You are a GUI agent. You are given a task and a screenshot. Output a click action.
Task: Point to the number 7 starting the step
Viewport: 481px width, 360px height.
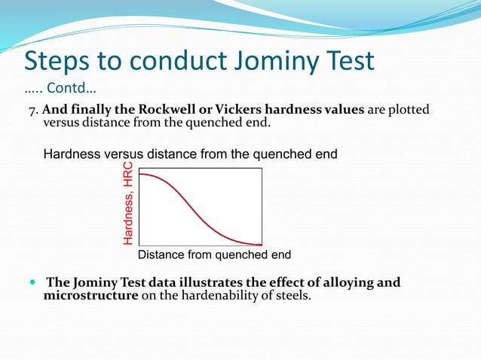pyautogui.click(x=32, y=111)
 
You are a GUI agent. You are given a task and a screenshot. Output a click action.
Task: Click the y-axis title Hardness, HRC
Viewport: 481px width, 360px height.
pyautogui.click(x=128, y=203)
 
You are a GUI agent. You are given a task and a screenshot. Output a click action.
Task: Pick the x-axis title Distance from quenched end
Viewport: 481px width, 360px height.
pyautogui.click(x=214, y=255)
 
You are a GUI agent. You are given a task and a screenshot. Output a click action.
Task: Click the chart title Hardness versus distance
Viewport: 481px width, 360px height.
pyautogui.click(x=190, y=154)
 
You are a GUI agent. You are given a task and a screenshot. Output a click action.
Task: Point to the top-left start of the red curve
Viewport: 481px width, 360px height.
pyautogui.click(x=141, y=174)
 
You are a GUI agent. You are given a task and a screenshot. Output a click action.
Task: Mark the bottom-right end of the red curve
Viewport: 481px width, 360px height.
pyautogui.click(x=261, y=245)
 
